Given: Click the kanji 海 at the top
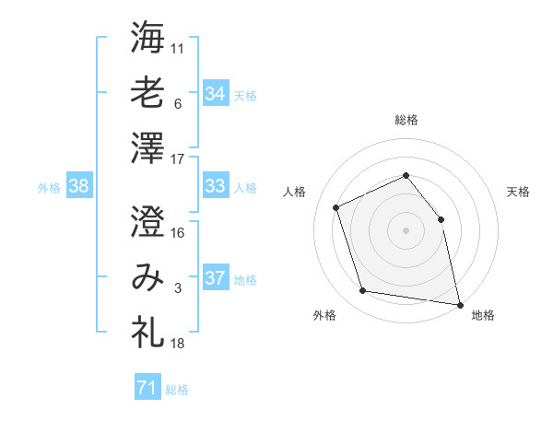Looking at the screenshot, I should point(147,40).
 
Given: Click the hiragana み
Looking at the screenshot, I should point(147,276).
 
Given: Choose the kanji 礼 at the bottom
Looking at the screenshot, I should point(147,330).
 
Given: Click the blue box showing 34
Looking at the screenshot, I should point(215,93).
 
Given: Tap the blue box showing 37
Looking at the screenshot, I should point(215,278).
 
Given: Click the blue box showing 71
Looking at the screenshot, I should point(147,388).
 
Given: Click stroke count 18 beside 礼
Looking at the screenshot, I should point(178,344).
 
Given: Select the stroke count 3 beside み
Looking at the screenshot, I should point(178,289).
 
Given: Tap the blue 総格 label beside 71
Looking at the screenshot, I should point(177,390).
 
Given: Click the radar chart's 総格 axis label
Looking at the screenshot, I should point(406,120).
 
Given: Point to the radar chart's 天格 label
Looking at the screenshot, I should point(518,192).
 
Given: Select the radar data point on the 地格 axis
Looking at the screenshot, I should point(458,303).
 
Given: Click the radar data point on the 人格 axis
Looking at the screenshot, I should point(336,207).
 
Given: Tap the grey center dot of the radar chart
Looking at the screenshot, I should point(406,229).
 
